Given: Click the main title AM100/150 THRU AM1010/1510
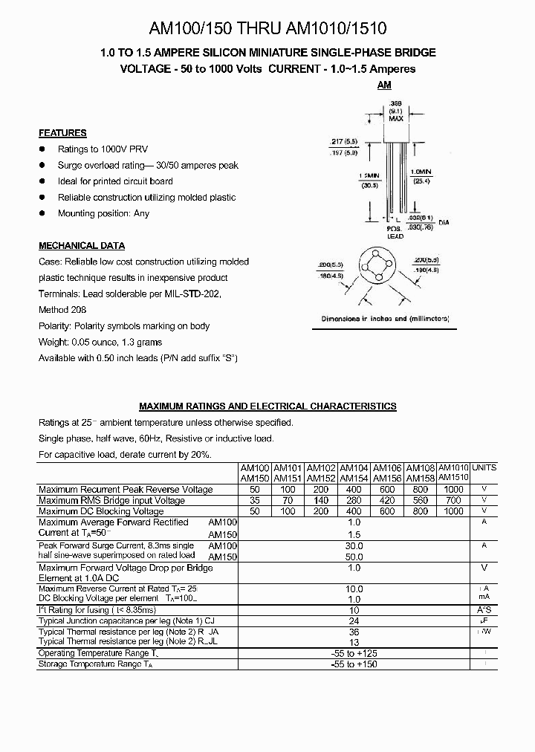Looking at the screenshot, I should point(268,29).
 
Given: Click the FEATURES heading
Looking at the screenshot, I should point(62,133).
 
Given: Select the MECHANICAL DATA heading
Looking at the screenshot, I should point(82,246).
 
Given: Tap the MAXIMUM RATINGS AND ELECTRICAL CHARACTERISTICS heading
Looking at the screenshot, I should point(267,406).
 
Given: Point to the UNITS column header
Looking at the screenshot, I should point(484,467).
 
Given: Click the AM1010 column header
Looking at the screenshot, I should point(453,467).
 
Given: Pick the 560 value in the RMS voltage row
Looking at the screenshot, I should point(421,501).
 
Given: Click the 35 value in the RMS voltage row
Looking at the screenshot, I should point(255,501).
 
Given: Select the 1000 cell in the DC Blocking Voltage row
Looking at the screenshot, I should point(453,511).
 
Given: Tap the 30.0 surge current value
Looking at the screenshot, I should point(354,545).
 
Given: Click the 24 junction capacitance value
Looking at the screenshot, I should point(354,621).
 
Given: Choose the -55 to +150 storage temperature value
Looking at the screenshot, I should point(354,664).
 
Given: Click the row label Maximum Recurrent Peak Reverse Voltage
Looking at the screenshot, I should point(126,490).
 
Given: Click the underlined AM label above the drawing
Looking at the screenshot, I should point(384,85).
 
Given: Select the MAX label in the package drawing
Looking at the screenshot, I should point(395,119).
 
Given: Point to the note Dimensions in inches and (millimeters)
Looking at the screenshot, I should point(385,318).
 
